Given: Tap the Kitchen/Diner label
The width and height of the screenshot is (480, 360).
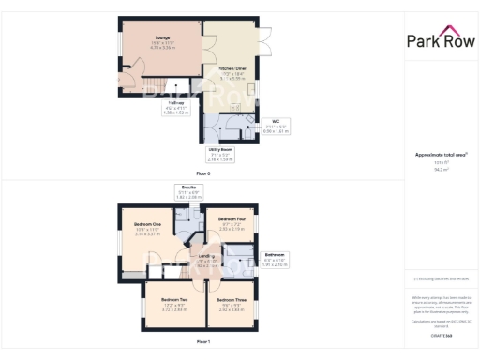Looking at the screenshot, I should (x=233, y=68).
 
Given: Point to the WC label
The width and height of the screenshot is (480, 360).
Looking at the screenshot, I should (x=276, y=120).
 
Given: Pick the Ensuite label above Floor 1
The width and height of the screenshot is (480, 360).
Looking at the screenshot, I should (x=189, y=187).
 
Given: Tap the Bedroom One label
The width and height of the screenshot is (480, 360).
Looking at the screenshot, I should (x=147, y=225).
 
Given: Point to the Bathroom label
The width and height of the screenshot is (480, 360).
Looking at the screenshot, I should (x=274, y=255).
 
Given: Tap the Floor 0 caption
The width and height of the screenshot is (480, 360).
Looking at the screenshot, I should (x=202, y=173).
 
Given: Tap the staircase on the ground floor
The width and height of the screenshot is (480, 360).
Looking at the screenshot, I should (x=174, y=90).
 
